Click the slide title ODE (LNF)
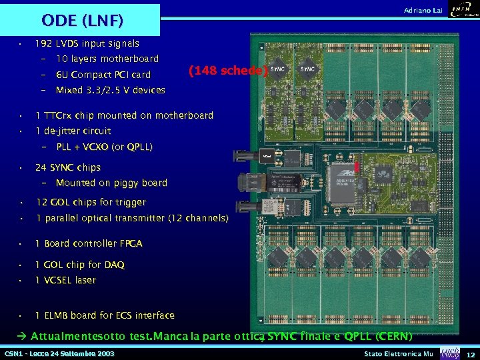click(x=83, y=21)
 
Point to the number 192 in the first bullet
click(x=44, y=43)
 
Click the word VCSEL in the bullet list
click(x=59, y=280)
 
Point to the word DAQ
click(x=114, y=265)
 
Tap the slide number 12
click(x=471, y=353)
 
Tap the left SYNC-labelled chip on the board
click(x=278, y=69)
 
